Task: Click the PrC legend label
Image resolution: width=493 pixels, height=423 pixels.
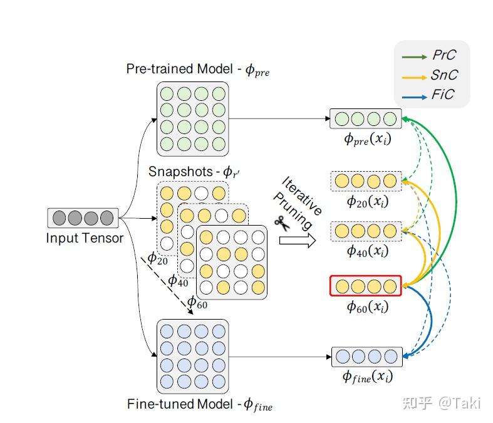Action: [444, 56]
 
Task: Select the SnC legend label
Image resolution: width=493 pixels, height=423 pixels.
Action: [444, 75]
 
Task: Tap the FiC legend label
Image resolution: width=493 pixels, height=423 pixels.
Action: [442, 95]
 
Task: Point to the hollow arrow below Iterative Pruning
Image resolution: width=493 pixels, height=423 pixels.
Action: [296, 241]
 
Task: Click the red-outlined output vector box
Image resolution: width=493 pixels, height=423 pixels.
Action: [366, 286]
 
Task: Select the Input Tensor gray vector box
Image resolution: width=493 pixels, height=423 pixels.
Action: [83, 217]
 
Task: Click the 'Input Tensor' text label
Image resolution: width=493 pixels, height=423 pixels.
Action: [85, 238]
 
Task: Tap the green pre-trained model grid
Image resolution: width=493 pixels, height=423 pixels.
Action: [192, 118]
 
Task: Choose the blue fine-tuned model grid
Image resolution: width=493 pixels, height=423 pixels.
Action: [192, 357]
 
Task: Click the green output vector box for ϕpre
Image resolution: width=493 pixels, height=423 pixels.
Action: [366, 118]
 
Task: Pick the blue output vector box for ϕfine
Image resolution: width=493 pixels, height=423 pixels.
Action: [366, 357]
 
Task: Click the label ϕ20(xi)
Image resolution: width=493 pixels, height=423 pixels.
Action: [367, 201]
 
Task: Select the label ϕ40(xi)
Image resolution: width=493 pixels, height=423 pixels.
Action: [367, 251]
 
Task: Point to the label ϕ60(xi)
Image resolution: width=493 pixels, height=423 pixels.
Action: [367, 307]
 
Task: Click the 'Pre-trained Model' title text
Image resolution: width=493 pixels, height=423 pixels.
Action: [198, 69]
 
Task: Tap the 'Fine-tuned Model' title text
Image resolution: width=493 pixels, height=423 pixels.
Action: [199, 404]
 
